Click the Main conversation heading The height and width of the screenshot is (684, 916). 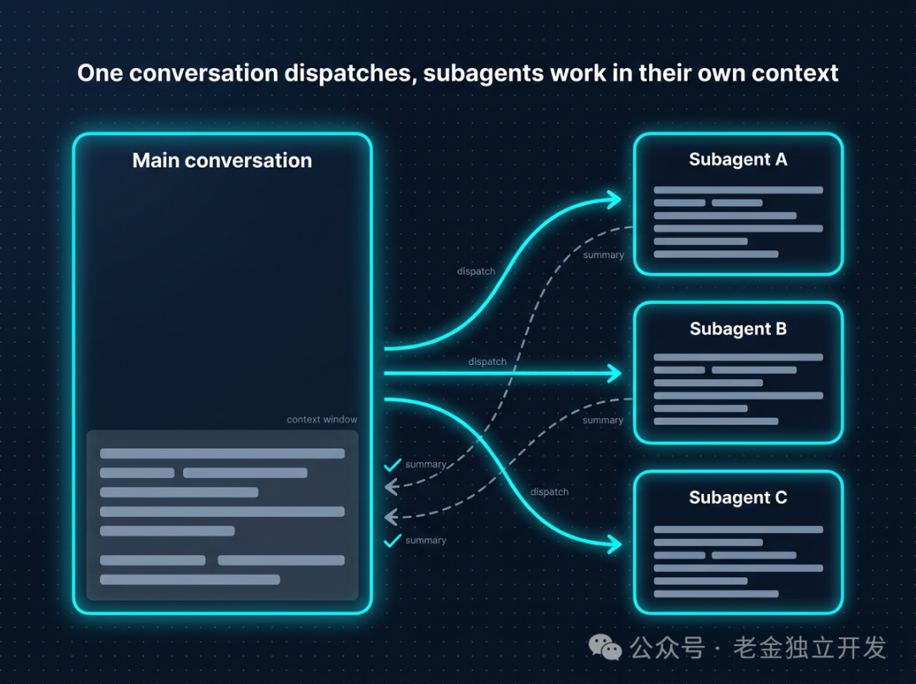click(222, 160)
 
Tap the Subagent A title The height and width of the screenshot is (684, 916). click(738, 160)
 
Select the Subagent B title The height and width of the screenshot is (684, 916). click(738, 328)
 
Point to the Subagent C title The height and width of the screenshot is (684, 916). click(738, 497)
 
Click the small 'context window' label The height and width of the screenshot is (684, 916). click(322, 419)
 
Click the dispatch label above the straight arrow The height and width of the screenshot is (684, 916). click(487, 362)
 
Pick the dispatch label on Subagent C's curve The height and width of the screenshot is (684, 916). click(549, 491)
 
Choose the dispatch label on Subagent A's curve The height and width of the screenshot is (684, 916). click(476, 272)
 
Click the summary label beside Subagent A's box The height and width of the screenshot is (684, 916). click(604, 255)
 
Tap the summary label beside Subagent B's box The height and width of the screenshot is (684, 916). click(603, 420)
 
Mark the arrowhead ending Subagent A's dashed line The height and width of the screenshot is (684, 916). click(390, 486)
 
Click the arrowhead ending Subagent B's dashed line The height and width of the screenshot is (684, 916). click(390, 517)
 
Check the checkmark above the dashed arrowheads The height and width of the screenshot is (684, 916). click(392, 465)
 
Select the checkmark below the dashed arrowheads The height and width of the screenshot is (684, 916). click(392, 541)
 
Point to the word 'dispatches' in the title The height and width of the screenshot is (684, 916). click(350, 74)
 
